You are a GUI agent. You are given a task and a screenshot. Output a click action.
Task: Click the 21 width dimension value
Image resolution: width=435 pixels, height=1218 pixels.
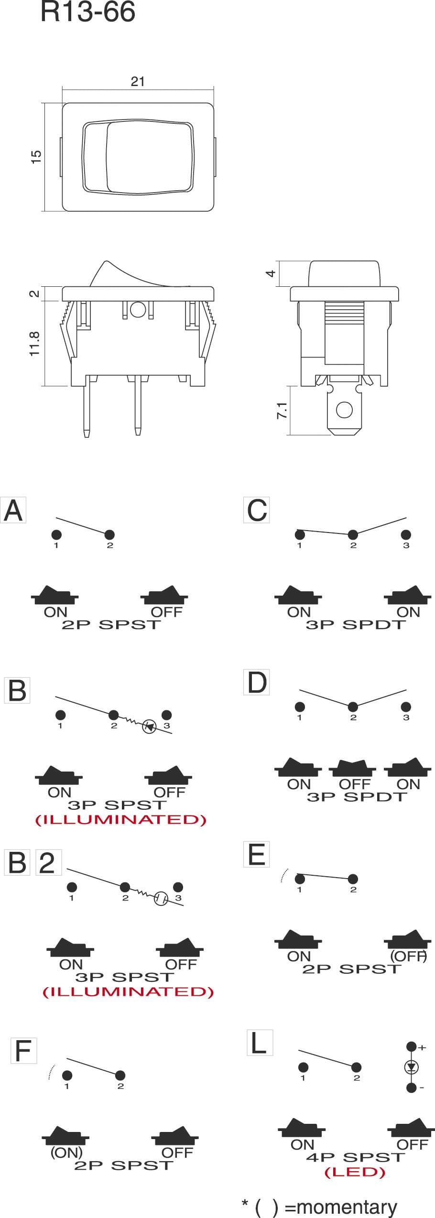coord(138,81)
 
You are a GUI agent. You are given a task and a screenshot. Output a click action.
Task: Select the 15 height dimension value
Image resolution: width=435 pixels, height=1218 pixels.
coord(36,157)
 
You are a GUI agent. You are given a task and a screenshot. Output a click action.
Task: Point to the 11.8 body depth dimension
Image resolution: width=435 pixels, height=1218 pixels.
coord(34,343)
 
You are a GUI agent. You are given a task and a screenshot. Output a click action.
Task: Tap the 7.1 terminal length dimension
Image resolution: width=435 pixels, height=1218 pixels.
coord(282,410)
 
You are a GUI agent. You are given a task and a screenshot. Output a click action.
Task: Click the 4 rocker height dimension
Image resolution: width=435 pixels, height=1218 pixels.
coord(271,273)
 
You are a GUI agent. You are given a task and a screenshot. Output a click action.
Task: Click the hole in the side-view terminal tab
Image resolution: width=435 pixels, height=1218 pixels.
coord(344,410)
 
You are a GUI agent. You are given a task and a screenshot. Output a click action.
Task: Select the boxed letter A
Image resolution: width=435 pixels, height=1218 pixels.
coord(13,510)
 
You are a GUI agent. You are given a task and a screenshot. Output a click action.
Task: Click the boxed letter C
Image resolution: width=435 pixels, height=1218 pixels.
coord(257,510)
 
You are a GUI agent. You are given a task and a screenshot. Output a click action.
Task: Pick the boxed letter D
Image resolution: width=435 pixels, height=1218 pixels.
coord(257,682)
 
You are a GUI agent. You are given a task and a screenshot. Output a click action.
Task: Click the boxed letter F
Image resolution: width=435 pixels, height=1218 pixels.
coord(23,1051)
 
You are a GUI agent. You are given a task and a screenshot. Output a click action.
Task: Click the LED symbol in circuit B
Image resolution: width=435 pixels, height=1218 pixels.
coord(150,728)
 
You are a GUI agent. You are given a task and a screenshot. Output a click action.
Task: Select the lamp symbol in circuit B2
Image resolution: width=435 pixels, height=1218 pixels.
coord(161,899)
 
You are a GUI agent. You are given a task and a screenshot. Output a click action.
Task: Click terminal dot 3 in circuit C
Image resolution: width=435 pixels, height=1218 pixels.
coord(406,534)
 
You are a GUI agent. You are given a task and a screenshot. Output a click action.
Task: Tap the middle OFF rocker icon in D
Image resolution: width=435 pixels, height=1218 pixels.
coord(353,767)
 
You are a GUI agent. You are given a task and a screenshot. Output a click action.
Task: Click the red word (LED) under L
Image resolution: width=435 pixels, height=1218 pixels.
coord(355,1172)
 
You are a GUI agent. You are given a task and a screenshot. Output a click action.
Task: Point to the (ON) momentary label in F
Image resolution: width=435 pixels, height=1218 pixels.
coord(66,1153)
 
